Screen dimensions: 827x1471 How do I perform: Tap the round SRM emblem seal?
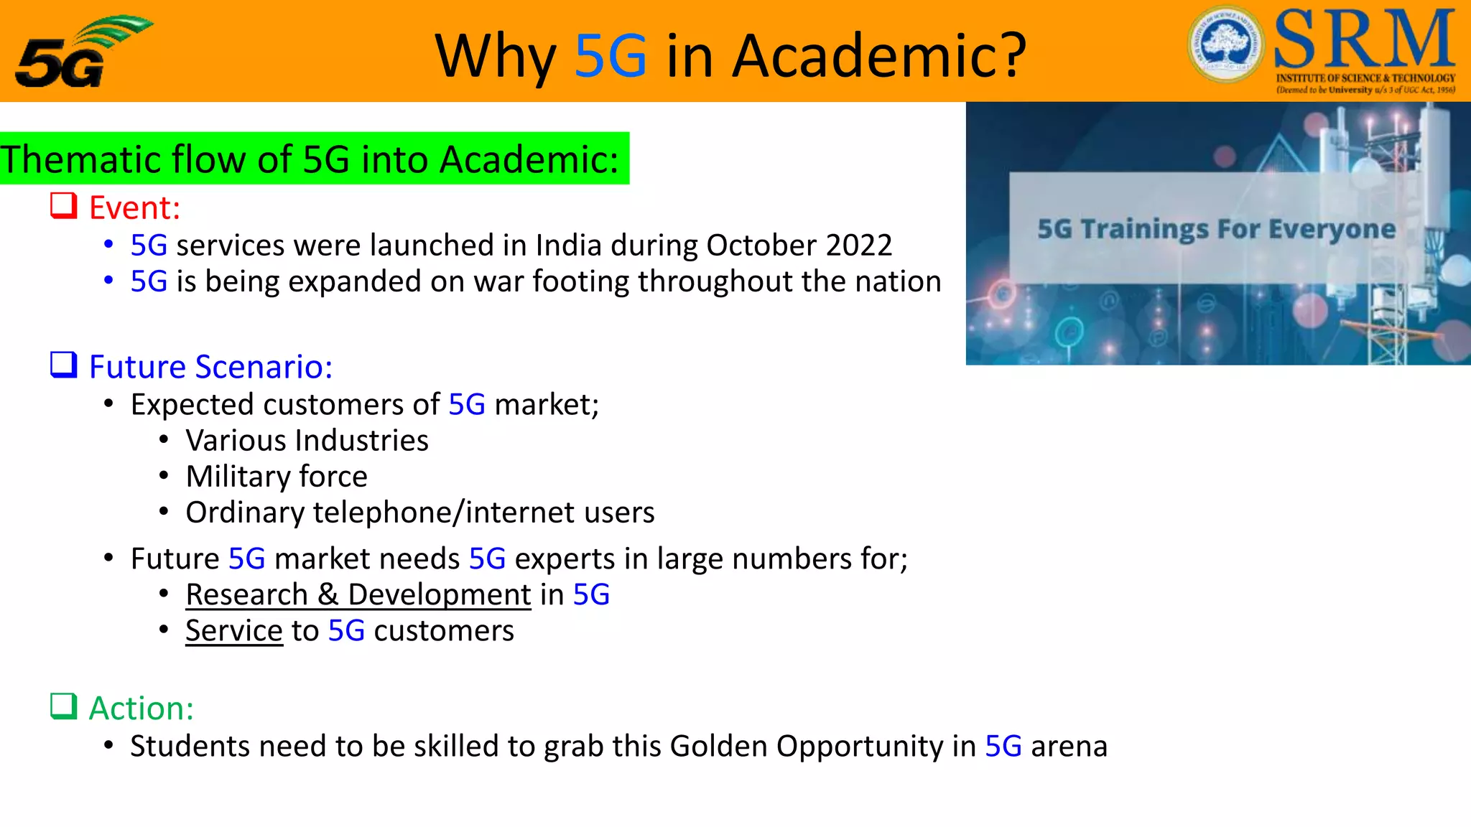[1225, 45]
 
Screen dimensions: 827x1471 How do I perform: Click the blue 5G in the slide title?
[611, 56]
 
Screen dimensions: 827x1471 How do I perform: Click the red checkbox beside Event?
[64, 205]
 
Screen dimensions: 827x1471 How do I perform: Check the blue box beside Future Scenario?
[64, 365]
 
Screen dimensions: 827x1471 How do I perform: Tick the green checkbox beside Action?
[64, 706]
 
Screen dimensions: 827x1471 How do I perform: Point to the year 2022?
[859, 246]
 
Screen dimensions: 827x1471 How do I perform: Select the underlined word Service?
[234, 631]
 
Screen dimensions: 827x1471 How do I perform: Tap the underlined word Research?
[247, 595]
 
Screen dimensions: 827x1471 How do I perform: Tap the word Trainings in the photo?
[1145, 229]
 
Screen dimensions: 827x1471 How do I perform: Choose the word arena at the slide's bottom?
[1069, 747]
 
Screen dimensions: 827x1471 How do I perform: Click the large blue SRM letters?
[1365, 40]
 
